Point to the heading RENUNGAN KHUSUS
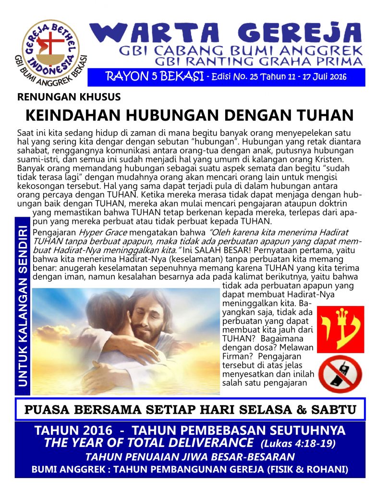coord(69,97)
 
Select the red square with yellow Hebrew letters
coord(340,329)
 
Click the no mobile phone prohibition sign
coord(340,374)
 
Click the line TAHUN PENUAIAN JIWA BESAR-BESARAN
coord(190,456)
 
